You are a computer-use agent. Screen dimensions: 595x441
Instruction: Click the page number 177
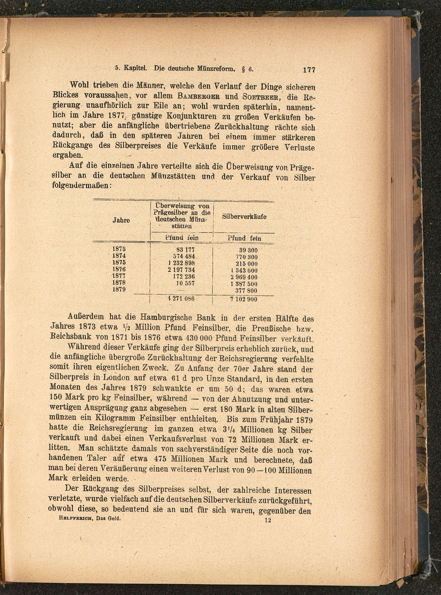[309, 70]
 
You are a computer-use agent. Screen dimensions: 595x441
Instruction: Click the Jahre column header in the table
[121, 221]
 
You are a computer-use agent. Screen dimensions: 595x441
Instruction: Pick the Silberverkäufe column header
[244, 217]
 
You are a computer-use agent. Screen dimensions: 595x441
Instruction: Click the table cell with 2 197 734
[181, 270]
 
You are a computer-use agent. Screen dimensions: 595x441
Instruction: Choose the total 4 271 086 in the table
[181, 298]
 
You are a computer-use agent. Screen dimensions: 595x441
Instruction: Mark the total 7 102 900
[243, 299]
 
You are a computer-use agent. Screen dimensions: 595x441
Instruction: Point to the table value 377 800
[246, 290]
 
